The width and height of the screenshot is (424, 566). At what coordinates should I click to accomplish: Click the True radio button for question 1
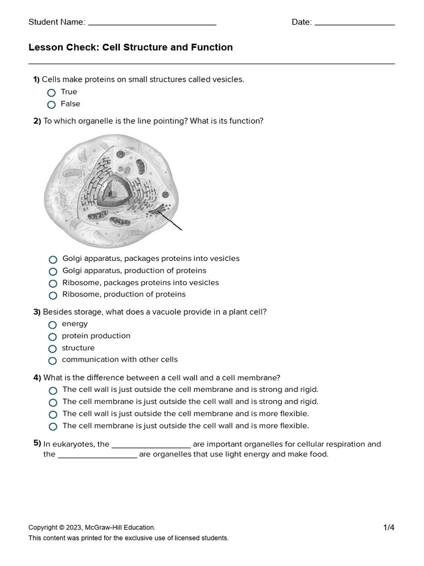coord(51,93)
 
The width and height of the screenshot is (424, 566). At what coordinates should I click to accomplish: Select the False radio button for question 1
coord(51,104)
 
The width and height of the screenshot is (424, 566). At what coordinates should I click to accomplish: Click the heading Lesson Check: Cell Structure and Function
coord(130,48)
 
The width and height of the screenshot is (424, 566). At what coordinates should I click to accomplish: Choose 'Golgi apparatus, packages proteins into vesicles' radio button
coord(53,260)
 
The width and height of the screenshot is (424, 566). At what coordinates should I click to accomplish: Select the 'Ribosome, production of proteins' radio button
coord(53,296)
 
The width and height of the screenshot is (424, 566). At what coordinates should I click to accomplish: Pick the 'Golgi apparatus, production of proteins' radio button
coord(53,272)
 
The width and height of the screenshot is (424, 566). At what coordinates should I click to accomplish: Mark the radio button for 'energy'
coord(52,325)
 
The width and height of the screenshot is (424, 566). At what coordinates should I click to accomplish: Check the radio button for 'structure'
coord(52,349)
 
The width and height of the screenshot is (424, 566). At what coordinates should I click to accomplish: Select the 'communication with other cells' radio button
coord(52,361)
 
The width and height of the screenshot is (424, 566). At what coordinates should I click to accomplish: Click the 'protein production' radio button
coord(52,337)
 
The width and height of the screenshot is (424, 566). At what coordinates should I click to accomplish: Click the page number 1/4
coord(389,528)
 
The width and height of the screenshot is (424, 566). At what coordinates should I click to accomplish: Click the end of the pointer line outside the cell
coord(182,229)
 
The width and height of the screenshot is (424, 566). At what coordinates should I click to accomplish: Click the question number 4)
coord(37,378)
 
